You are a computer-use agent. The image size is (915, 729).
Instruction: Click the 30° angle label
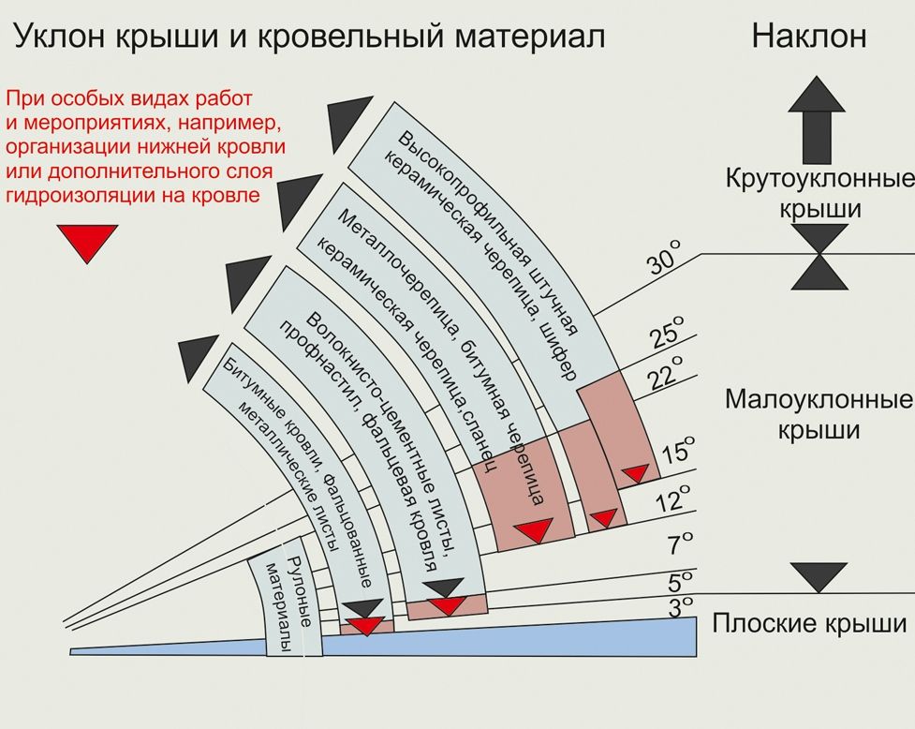click(665, 256)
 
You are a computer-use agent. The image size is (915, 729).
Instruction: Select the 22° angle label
click(665, 371)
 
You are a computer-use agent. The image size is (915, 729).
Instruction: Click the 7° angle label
click(681, 543)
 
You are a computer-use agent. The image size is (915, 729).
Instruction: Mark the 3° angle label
click(680, 606)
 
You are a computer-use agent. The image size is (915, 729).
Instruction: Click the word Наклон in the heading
click(809, 36)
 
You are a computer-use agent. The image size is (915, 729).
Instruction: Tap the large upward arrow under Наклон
click(817, 120)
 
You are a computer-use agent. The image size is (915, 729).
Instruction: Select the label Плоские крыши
click(810, 623)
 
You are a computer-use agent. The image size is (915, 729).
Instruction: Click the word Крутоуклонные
click(819, 179)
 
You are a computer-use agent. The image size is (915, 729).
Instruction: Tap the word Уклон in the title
click(57, 37)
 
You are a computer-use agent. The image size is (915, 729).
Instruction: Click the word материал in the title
click(530, 37)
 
